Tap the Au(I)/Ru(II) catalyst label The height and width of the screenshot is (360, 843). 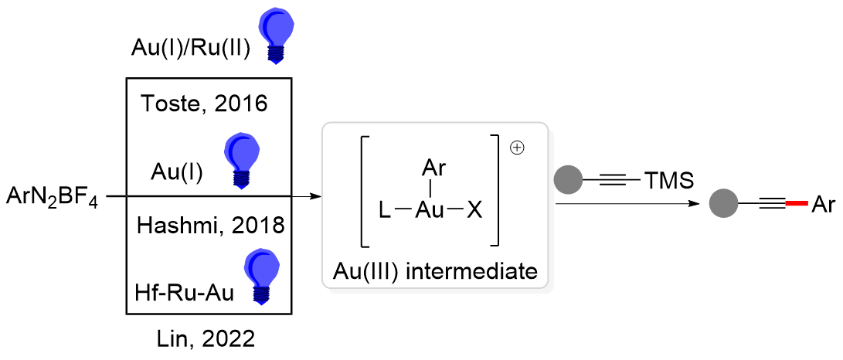tap(189, 49)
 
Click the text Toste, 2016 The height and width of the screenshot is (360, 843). tap(205, 104)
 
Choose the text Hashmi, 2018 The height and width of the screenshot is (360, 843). tap(210, 226)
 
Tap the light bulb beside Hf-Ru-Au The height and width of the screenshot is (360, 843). tap(260, 275)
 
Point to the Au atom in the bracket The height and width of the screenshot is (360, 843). tap(430, 209)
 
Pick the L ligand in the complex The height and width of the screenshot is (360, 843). tap(385, 209)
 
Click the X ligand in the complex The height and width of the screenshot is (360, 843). tap(474, 209)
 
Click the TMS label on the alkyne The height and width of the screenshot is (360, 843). tap(668, 182)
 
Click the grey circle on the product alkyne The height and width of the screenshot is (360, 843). tap(724, 205)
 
